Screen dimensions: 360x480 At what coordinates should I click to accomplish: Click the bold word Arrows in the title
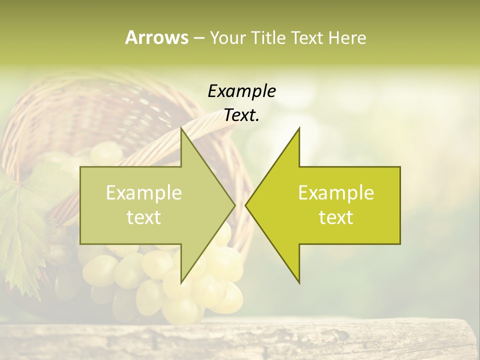156,37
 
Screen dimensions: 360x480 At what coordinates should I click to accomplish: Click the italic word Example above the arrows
241,91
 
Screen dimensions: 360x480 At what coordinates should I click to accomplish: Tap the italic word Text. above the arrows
241,115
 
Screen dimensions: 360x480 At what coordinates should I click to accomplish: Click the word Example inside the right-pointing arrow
144,193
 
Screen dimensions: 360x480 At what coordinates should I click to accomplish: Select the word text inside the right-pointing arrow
144,217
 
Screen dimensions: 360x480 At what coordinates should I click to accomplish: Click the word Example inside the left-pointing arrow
336,193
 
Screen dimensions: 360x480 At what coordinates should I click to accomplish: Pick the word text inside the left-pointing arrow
336,217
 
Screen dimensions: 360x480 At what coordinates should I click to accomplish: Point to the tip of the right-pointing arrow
234,205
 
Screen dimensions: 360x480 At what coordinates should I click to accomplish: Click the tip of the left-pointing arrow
246,205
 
